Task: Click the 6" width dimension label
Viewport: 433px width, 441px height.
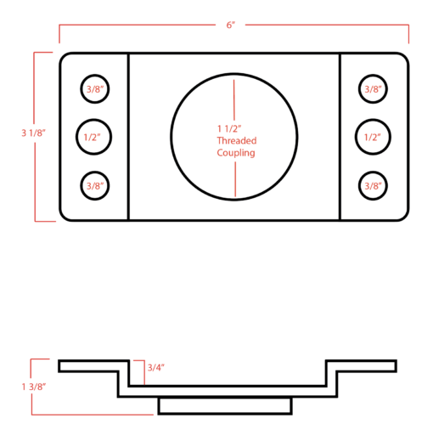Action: click(231, 25)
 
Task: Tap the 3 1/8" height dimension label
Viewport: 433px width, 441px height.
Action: click(33, 133)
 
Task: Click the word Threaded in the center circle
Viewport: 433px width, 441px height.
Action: click(237, 140)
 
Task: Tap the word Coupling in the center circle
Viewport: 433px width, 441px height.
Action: click(236, 153)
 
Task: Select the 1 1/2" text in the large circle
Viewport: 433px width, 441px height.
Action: click(229, 128)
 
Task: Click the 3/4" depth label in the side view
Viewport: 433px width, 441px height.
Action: click(155, 368)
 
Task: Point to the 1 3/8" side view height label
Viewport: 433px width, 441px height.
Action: click(34, 387)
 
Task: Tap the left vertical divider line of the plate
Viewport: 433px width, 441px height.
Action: click(128, 137)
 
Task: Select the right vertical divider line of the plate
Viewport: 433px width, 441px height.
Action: click(340, 137)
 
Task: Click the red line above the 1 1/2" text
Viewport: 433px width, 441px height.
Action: click(234, 99)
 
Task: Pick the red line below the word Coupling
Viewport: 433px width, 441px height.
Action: click(235, 179)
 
